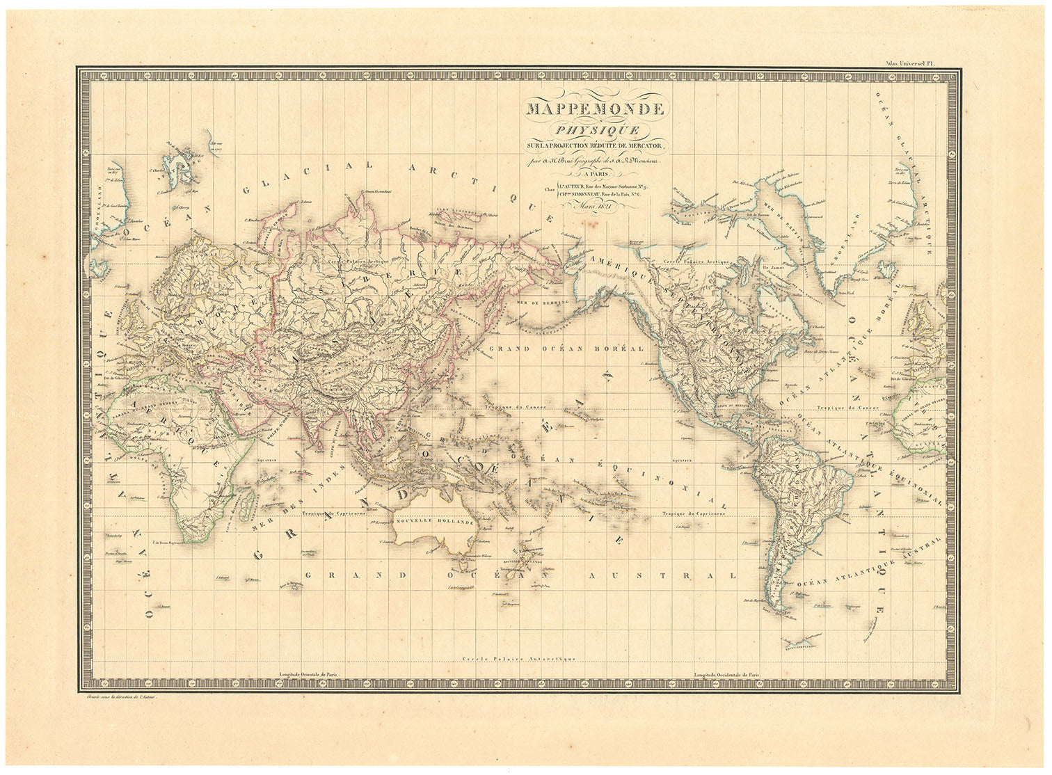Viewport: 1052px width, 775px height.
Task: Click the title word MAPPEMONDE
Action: (x=596, y=109)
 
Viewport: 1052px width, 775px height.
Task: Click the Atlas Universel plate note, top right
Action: (x=912, y=62)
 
